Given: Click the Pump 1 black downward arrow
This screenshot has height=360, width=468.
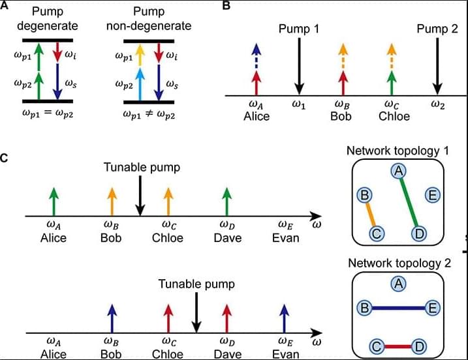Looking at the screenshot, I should tap(299, 65).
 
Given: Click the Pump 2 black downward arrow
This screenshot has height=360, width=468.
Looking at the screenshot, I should tap(437, 65).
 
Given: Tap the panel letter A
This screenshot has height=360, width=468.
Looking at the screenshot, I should tap(5, 6).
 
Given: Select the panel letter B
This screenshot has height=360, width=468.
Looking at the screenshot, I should tap(226, 6).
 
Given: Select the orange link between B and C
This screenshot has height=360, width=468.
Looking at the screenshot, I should tap(371, 214).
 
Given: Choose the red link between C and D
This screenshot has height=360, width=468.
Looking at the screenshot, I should tap(398, 346).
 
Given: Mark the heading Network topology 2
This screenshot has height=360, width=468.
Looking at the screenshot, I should tap(399, 263).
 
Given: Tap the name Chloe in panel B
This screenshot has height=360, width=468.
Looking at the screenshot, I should tap(394, 116).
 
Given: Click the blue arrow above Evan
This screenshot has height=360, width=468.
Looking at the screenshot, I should tap(284, 319).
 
